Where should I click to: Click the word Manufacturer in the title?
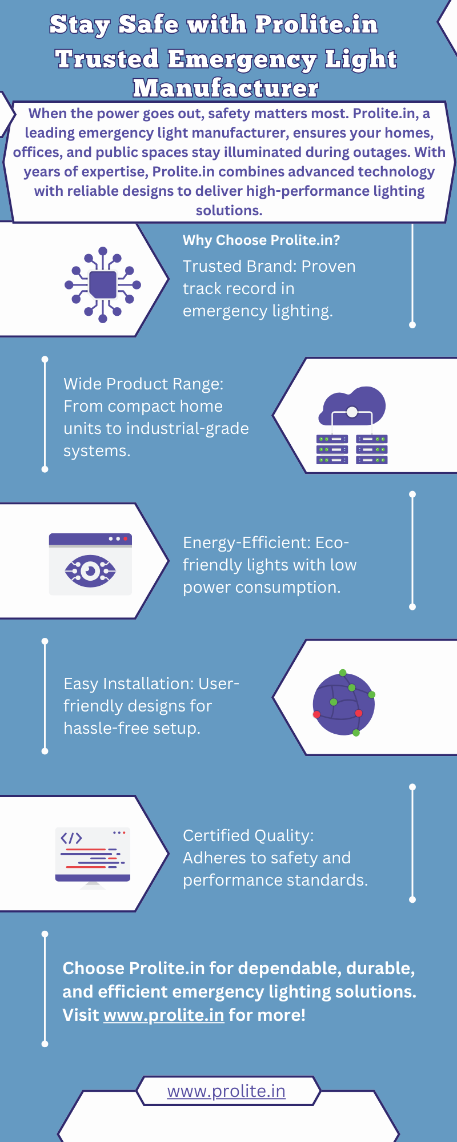(226, 88)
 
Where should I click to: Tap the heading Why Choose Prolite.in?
(261, 240)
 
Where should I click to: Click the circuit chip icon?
(103, 284)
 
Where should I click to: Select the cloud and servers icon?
(352, 425)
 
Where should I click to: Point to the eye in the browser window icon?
(90, 570)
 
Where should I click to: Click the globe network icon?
(344, 703)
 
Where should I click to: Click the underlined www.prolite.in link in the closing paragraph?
(163, 1015)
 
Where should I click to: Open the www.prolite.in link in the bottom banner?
(226, 1091)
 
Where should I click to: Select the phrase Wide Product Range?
(142, 384)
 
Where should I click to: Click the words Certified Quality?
(246, 835)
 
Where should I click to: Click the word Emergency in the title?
(242, 59)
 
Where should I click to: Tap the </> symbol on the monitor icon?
(71, 838)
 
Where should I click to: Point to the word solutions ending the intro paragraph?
(228, 211)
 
